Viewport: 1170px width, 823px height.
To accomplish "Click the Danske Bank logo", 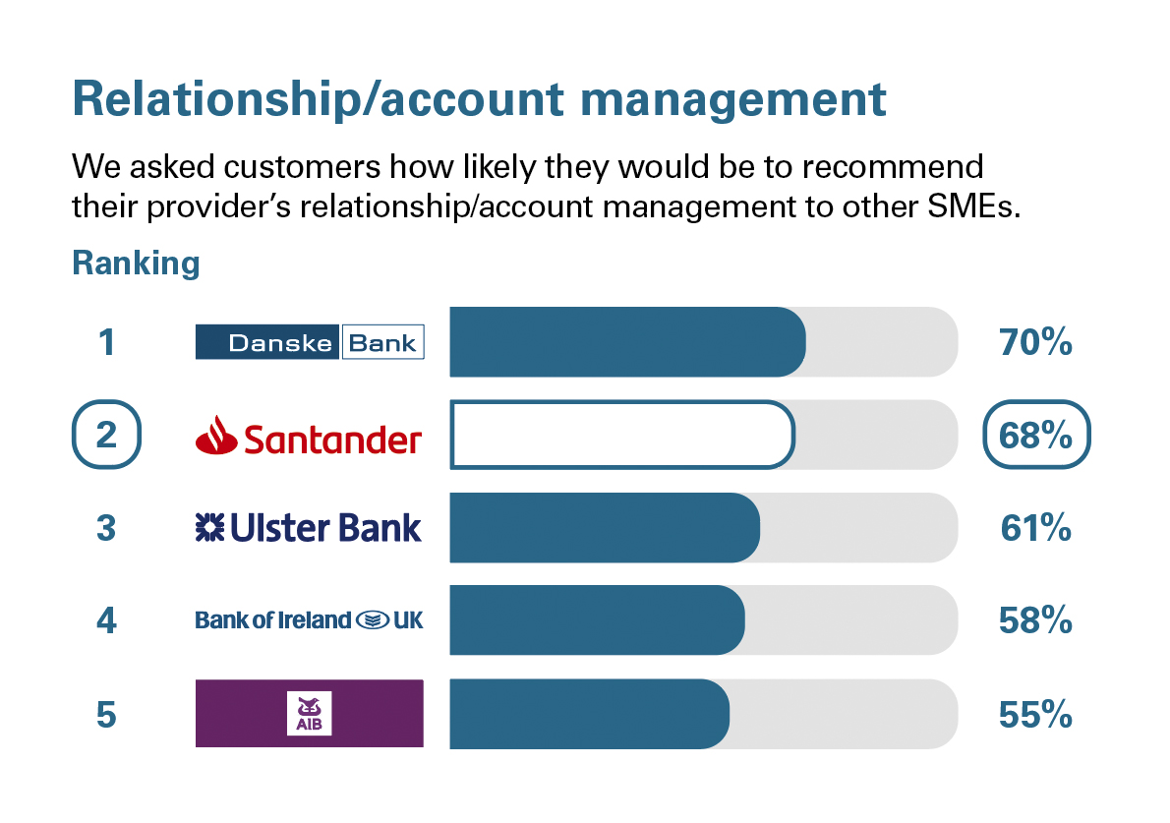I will [310, 342].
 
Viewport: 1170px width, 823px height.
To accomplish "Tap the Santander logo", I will [310, 436].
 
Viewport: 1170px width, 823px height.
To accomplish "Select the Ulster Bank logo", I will [310, 528].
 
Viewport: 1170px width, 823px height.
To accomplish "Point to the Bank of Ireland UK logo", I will [310, 620].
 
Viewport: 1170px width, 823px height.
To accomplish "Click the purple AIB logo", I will [310, 713].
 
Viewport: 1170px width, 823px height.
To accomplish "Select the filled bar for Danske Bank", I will [627, 342].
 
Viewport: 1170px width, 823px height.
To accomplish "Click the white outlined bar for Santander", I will [621, 435].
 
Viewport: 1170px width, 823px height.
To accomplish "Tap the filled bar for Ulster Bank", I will [605, 528].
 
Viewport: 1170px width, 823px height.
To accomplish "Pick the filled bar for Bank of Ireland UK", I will [597, 620].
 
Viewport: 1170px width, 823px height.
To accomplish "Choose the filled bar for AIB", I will [589, 713].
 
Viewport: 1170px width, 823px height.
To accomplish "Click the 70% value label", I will [1035, 343].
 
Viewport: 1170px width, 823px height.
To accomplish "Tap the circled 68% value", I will [1036, 436].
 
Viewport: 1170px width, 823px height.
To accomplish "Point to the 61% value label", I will [1035, 529].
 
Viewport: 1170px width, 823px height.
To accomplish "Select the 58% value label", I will [1035, 621].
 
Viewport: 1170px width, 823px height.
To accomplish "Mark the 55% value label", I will [1035, 715].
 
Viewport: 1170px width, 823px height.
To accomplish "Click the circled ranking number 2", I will [107, 436].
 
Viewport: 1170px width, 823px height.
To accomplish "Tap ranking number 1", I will [106, 343].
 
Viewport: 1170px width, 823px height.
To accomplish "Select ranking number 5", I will [106, 715].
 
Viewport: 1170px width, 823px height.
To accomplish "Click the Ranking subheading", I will [136, 264].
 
